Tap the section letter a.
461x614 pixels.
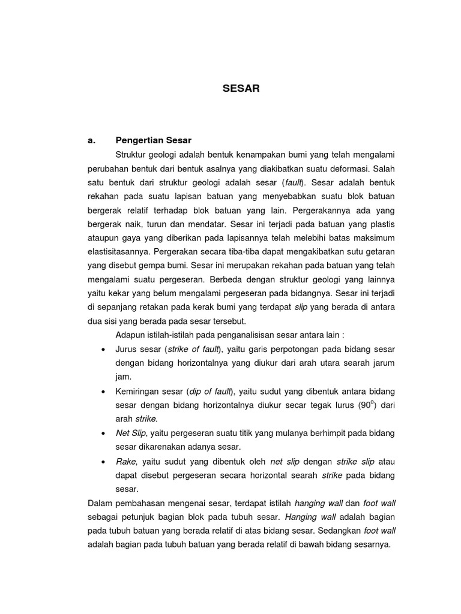click(x=91, y=140)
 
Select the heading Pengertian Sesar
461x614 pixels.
click(x=153, y=140)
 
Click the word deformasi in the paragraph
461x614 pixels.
click(x=349, y=168)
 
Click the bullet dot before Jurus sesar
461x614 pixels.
click(x=104, y=349)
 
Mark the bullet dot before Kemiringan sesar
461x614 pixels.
click(x=104, y=391)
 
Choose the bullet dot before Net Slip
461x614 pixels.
click(x=104, y=433)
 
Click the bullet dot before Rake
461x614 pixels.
click(x=104, y=461)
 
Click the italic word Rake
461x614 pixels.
click(x=125, y=461)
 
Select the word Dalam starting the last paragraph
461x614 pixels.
click(x=100, y=502)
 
